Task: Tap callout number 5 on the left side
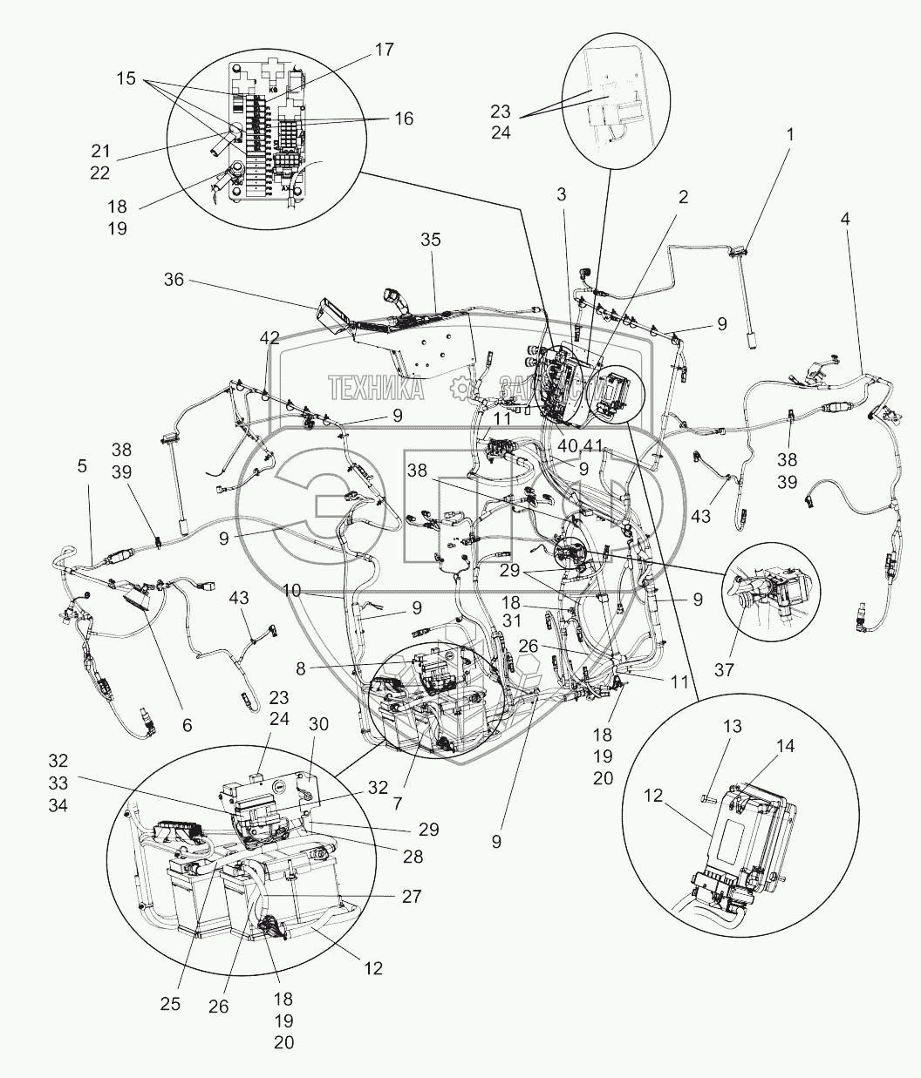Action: [82, 466]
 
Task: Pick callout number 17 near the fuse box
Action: [385, 50]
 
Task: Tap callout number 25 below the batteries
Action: [170, 1004]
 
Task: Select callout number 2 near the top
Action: [683, 197]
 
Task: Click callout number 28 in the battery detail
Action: [413, 857]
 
